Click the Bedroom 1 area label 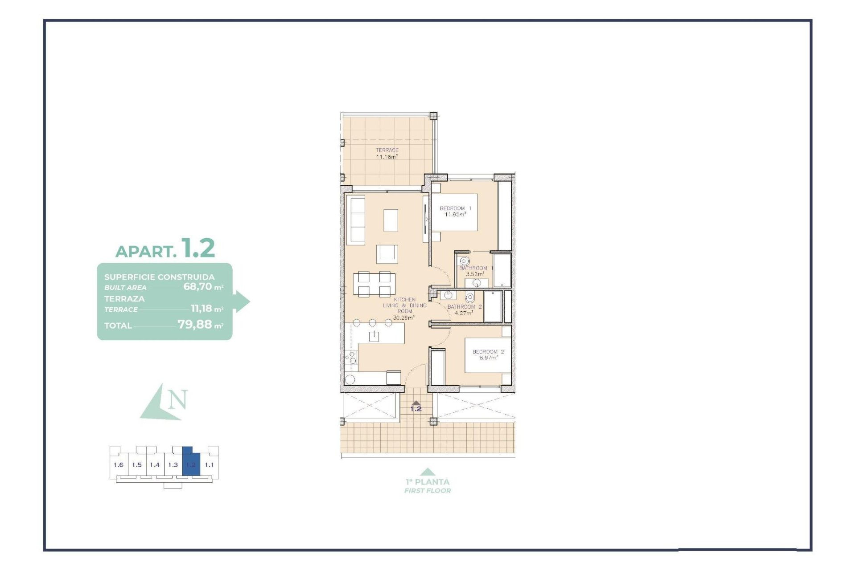tap(455, 211)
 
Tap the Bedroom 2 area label tap(488, 354)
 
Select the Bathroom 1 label tap(476, 271)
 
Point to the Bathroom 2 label tap(465, 309)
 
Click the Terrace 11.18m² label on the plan tap(387, 154)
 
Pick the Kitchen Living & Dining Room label tap(404, 309)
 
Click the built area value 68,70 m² tap(203, 287)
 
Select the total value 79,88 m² tap(200, 325)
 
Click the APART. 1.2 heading tap(165, 248)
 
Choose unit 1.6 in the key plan tap(119, 465)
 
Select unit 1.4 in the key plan tap(155, 465)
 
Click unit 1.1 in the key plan tap(209, 465)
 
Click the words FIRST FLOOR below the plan tap(428, 491)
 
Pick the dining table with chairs tap(374, 284)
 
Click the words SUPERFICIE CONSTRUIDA tap(159, 277)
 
